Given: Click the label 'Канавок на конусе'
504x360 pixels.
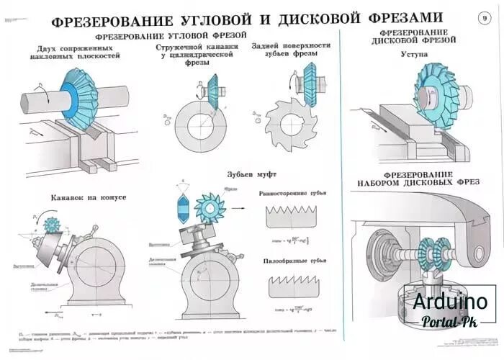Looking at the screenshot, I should (89, 197).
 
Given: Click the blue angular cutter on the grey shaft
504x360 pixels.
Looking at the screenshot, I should (78, 97).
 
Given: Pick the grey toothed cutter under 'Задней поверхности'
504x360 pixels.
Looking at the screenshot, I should (287, 127).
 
